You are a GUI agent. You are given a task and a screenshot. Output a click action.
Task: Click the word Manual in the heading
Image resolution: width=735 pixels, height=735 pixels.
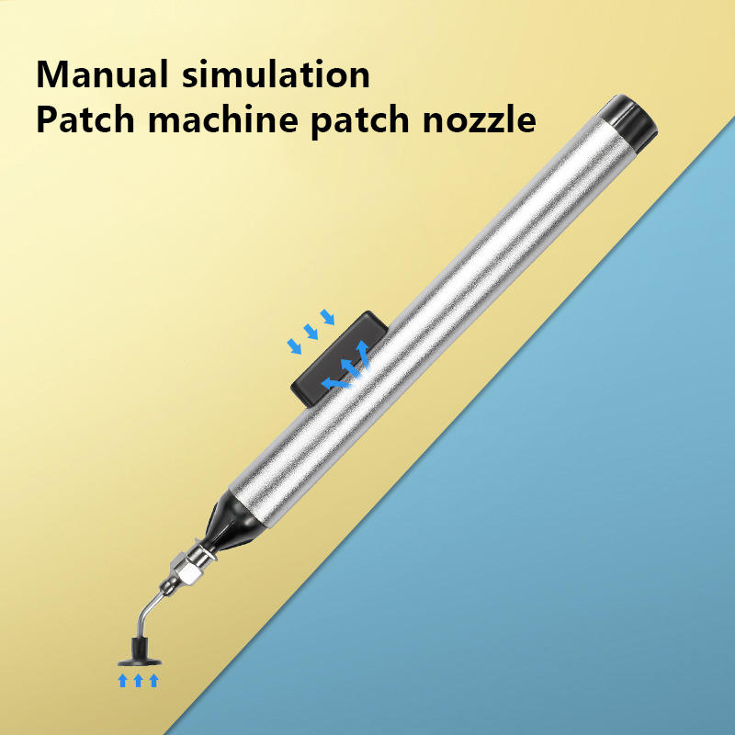[x=102, y=74]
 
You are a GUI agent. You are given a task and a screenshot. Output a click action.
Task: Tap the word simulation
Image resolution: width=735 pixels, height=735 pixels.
[x=277, y=74]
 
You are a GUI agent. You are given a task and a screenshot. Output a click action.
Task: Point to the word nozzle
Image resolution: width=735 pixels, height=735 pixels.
[x=479, y=120]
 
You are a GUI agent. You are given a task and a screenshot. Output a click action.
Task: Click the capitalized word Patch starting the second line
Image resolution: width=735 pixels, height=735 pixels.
[x=85, y=120]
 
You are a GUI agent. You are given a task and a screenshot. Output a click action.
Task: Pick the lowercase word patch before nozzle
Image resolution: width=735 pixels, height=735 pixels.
[x=360, y=122]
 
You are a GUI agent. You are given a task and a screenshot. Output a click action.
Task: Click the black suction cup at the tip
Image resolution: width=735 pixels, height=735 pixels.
[x=140, y=653]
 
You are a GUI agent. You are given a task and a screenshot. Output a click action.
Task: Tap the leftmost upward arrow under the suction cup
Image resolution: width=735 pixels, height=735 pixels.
[x=123, y=680]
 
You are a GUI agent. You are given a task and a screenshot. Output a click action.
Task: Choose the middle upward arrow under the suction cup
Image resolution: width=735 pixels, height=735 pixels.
[x=139, y=680]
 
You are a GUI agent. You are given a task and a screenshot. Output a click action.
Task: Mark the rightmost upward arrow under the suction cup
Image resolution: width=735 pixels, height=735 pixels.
[x=153, y=680]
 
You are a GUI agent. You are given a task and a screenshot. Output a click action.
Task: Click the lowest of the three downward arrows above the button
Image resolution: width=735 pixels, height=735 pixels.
[x=294, y=346]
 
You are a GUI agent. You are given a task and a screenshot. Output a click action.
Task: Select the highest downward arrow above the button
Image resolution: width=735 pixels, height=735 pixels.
[x=328, y=317]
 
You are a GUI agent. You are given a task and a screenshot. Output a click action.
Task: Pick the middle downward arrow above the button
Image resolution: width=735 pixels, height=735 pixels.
[x=311, y=332]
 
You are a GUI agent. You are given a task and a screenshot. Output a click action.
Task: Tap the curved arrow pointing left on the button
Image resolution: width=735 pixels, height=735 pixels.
[x=335, y=383]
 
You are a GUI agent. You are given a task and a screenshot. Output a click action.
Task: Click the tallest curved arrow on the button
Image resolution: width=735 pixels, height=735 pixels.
[x=362, y=353]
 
